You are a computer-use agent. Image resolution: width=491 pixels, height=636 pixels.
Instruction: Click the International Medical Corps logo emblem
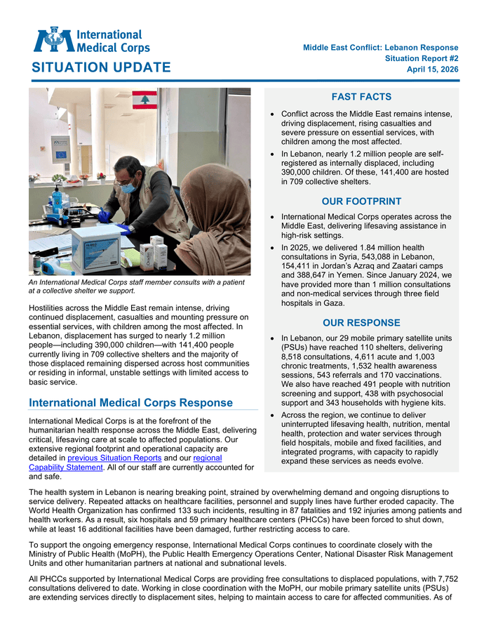tap(53, 40)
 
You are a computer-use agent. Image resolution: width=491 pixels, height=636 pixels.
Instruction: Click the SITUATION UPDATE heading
tap(100, 67)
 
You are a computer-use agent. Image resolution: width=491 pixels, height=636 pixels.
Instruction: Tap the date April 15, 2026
tap(433, 69)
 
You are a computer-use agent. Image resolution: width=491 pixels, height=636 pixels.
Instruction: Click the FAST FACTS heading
tap(361, 97)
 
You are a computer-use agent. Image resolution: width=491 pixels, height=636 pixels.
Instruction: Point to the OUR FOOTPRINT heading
tap(361, 201)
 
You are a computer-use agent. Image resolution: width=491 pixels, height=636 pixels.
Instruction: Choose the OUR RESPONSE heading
tap(361, 323)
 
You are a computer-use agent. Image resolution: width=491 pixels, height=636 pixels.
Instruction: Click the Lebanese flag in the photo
tap(145, 100)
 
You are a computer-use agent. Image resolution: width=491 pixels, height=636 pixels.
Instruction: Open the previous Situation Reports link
tap(114, 458)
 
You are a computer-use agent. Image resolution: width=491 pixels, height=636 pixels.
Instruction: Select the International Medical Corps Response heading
tap(130, 403)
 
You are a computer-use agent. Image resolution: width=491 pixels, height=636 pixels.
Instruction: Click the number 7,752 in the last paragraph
tap(445, 579)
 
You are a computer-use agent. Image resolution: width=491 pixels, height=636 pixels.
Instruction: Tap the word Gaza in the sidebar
tap(333, 303)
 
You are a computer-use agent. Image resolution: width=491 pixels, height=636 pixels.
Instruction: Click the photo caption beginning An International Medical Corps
tap(137, 286)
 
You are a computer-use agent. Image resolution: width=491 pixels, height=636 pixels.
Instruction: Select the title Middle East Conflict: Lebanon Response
tap(381, 48)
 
